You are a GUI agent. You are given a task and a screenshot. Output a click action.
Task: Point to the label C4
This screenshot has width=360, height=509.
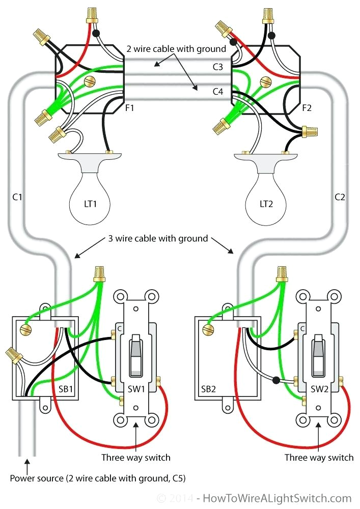click(x=218, y=92)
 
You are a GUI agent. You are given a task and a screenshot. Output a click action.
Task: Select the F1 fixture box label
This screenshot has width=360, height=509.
click(x=129, y=108)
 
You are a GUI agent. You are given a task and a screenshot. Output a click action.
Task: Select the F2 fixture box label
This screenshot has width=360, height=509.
click(x=307, y=108)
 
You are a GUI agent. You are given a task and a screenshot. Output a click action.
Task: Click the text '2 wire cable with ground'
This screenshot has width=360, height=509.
click(x=176, y=49)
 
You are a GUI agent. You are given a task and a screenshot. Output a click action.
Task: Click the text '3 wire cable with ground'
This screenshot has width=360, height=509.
click(x=157, y=238)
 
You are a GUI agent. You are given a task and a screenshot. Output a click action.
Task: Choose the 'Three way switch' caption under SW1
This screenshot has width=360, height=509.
click(x=135, y=457)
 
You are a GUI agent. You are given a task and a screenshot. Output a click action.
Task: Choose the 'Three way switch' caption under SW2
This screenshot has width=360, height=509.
click(x=319, y=457)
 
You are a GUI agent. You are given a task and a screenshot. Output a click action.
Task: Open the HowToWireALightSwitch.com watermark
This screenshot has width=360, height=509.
click(x=275, y=498)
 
